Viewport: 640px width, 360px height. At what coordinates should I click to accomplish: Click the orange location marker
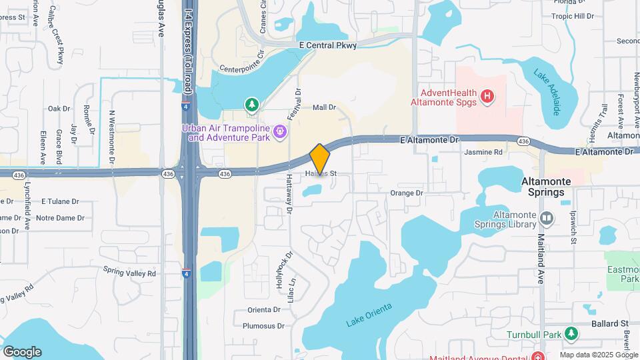320,159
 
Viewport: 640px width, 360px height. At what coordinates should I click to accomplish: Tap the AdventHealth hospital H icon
488,97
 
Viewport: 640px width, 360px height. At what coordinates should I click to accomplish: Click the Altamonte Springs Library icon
547,218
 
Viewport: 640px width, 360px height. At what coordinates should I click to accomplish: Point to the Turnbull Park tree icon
571,333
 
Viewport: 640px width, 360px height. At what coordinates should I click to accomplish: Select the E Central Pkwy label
328,45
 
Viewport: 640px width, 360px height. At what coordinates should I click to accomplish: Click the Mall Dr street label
323,107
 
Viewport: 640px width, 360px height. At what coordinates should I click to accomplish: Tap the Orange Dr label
406,193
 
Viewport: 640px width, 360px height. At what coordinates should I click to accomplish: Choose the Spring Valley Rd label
129,272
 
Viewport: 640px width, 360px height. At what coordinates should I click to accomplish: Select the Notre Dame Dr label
60,217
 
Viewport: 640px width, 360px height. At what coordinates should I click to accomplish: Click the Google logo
22,351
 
